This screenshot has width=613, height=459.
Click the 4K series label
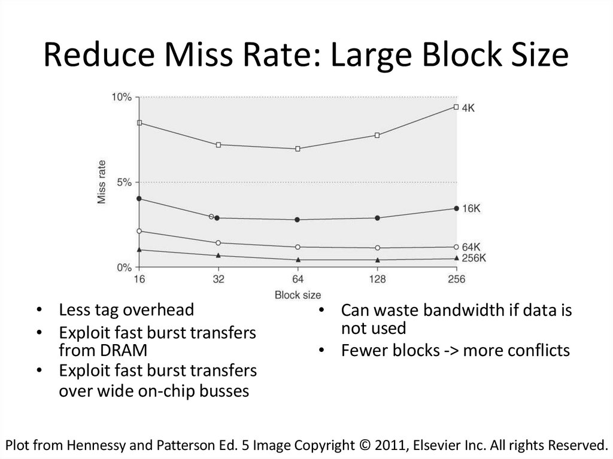click(x=469, y=108)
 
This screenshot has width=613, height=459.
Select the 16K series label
click(x=472, y=208)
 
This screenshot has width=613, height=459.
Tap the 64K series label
click(x=472, y=247)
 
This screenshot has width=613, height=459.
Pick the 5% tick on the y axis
click(x=124, y=182)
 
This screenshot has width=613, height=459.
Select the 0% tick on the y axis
click(x=124, y=267)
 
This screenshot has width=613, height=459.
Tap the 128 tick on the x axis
click(x=377, y=279)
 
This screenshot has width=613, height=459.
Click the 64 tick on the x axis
click(x=298, y=279)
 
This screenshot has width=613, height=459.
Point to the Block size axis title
click(x=298, y=294)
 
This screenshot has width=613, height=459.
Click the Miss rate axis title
click(x=102, y=182)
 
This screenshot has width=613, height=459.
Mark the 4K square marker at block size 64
click(x=298, y=148)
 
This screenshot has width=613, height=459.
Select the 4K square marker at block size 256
click(x=456, y=107)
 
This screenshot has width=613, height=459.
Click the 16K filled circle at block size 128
click(x=377, y=218)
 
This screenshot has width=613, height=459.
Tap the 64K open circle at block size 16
click(x=139, y=231)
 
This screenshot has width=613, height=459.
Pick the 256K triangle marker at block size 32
click(x=219, y=256)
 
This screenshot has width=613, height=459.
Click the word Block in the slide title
click(x=441, y=57)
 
